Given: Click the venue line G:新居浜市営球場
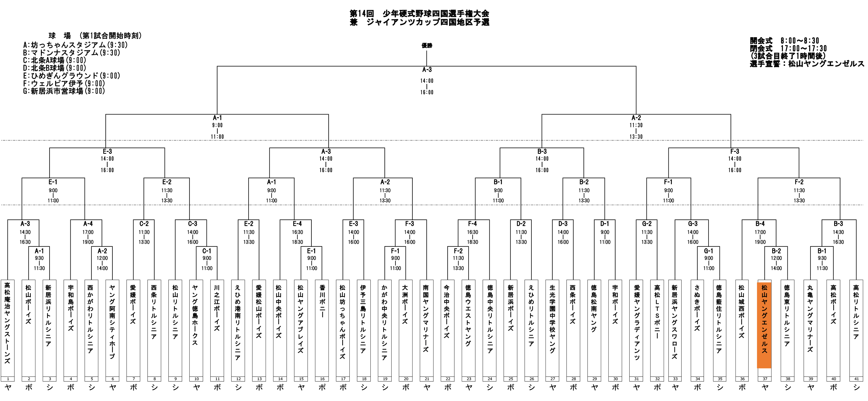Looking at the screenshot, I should pyautogui.click(x=64, y=91).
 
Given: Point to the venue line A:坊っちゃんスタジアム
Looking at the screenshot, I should pyautogui.click(x=75, y=45).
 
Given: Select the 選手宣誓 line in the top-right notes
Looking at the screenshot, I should pyautogui.click(x=807, y=64).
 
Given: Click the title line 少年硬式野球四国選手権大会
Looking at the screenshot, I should pyautogui.click(x=419, y=13).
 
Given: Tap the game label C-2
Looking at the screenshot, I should pyautogui.click(x=144, y=224).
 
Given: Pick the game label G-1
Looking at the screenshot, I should pyautogui.click(x=708, y=251).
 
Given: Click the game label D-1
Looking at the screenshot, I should pyautogui.click(x=604, y=224).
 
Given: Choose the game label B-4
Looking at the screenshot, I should pyautogui.click(x=760, y=224).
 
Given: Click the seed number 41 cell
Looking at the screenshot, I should pyautogui.click(x=856, y=379).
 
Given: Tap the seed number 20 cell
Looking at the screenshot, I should pyautogui.click(x=406, y=379).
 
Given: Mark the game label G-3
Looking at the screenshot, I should pyautogui.click(x=692, y=224).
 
